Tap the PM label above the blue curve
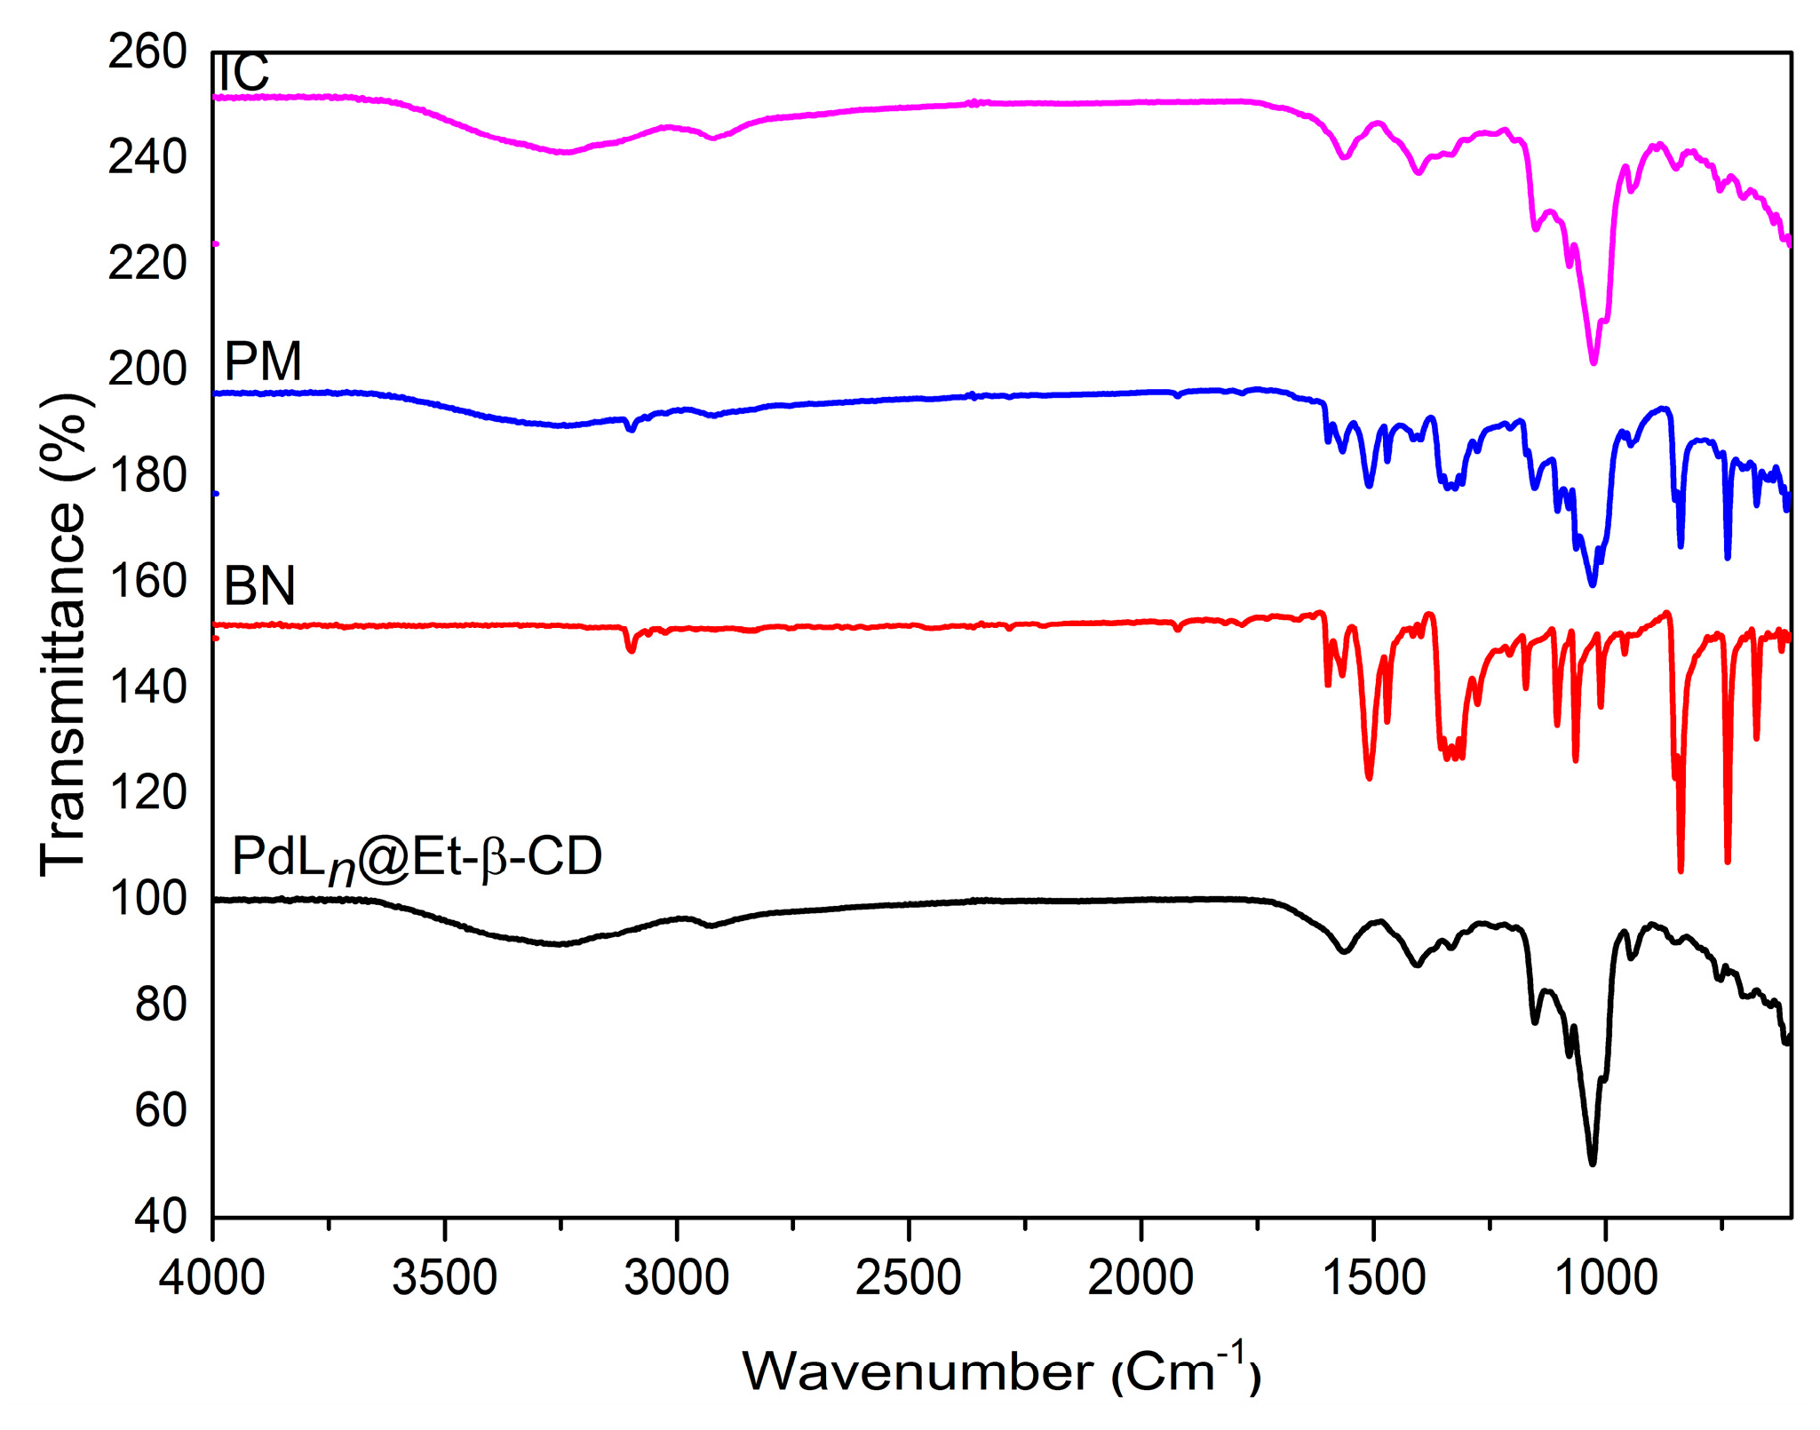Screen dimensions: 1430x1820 pyautogui.click(x=263, y=361)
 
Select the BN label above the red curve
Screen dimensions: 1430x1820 pyautogui.click(x=259, y=586)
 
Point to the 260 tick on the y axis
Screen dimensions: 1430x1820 pyautogui.click(x=147, y=52)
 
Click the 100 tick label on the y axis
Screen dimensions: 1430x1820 pyautogui.click(x=147, y=900)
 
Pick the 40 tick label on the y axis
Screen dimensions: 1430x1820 pyautogui.click(x=161, y=1217)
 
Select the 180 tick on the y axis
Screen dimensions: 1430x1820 pyautogui.click(x=147, y=476)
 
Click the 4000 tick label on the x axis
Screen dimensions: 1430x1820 pyautogui.click(x=212, y=1279)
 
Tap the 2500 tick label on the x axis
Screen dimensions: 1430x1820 pyautogui.click(x=909, y=1279)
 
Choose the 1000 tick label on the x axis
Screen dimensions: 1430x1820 pyautogui.click(x=1605, y=1279)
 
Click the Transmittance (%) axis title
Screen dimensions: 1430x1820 pyautogui.click(x=64, y=635)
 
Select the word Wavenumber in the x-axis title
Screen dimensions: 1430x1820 pyautogui.click(x=918, y=1372)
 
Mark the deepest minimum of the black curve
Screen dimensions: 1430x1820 pyautogui.click(x=1592, y=1163)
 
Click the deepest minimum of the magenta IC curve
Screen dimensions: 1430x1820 pyautogui.click(x=1593, y=361)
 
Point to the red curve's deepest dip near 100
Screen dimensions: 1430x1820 pyautogui.click(x=1681, y=870)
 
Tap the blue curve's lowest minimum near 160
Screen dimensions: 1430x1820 pyautogui.click(x=1592, y=584)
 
